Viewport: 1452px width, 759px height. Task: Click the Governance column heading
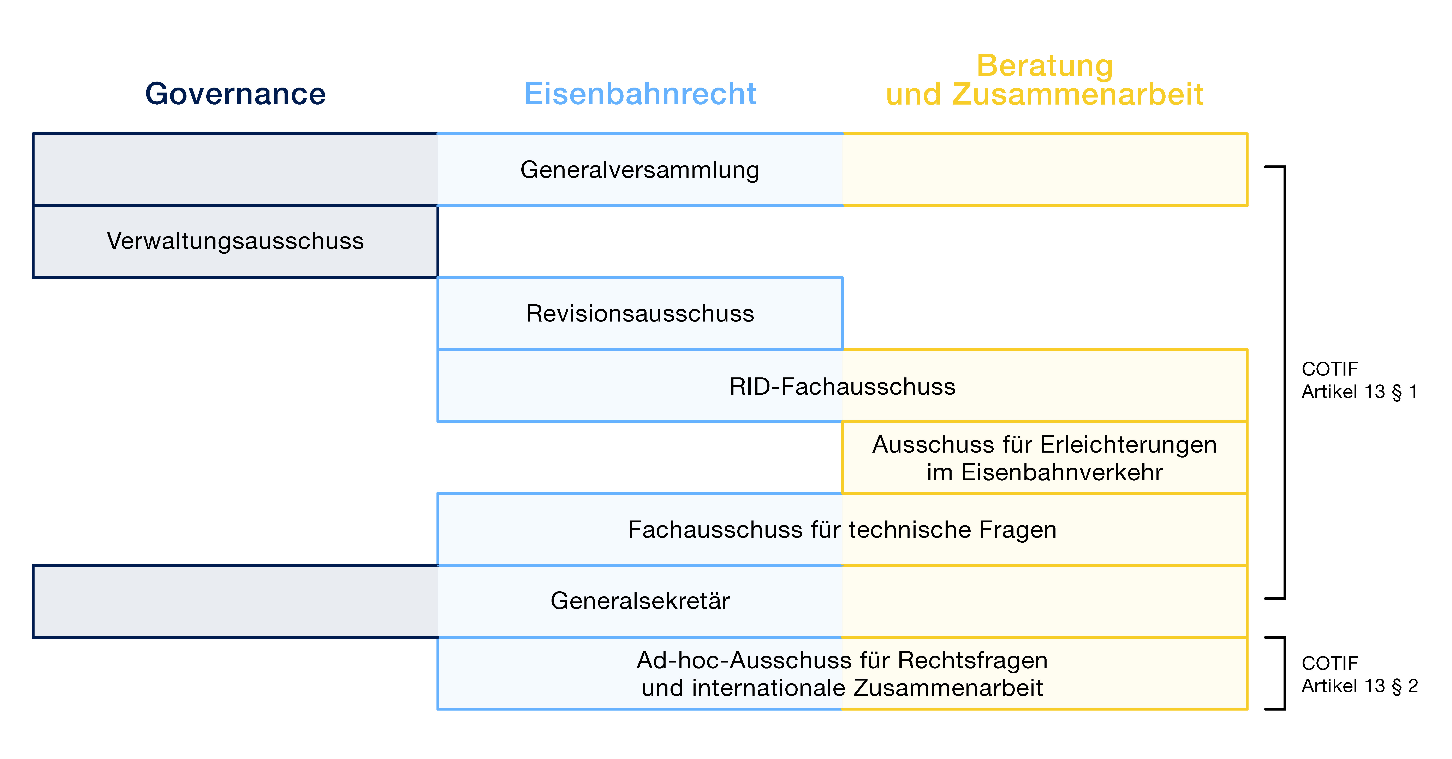coord(236,94)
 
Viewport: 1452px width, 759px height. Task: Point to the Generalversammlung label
coord(640,170)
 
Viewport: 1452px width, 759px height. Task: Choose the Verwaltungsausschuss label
coord(236,241)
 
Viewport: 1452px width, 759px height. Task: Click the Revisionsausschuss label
coord(640,313)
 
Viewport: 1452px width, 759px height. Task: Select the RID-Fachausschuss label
coord(842,386)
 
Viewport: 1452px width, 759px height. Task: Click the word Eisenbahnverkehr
coord(1062,472)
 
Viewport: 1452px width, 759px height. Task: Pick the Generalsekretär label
coord(640,601)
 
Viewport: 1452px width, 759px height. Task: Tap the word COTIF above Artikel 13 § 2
coord(1330,663)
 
